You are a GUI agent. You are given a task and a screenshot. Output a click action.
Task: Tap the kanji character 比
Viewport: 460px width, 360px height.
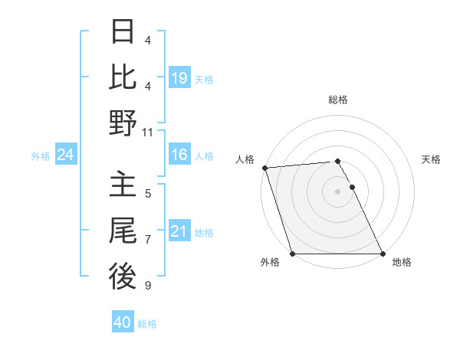[x=123, y=77]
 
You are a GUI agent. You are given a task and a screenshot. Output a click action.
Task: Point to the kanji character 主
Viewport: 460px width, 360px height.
[x=123, y=185]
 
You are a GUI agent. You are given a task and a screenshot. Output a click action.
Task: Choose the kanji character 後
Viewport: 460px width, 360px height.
[x=123, y=277]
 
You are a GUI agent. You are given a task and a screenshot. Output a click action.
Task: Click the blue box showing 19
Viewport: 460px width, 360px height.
[x=179, y=78]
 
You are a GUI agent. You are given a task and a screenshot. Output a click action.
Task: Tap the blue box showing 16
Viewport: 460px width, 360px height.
[x=179, y=155]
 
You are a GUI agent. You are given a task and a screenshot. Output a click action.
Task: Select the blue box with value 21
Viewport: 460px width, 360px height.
[x=179, y=232]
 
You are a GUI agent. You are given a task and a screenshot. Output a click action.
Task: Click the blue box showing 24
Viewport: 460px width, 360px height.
[x=66, y=155]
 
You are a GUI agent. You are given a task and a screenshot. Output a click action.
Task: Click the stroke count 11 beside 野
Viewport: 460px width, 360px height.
[x=148, y=132]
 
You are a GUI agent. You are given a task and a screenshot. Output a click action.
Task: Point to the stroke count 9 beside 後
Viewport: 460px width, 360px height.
[x=148, y=286]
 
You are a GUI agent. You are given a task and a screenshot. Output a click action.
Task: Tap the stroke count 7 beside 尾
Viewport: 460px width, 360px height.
[x=148, y=240]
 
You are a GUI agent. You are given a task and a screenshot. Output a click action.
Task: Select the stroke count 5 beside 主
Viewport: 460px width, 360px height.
[x=148, y=194]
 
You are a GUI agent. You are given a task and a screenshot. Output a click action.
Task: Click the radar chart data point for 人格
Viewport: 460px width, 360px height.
[x=264, y=168]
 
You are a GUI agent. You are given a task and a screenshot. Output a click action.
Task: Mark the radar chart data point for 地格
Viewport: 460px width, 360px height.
[x=383, y=254]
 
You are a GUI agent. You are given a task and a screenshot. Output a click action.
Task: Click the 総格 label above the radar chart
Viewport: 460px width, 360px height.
[x=338, y=100]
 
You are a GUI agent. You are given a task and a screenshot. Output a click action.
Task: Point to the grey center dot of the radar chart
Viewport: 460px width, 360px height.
[x=338, y=191]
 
